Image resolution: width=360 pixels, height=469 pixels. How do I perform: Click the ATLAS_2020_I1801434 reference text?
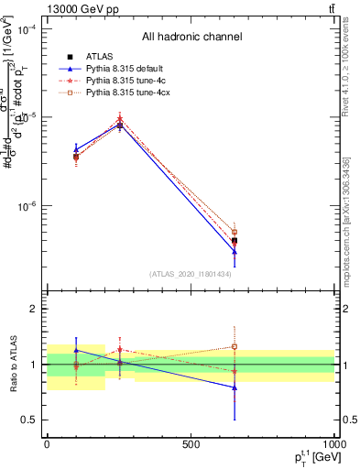(x=191, y=274)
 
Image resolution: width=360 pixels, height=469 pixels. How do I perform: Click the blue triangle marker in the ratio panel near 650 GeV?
(x=235, y=387)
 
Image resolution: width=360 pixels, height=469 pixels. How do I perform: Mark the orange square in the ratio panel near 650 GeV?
(x=235, y=346)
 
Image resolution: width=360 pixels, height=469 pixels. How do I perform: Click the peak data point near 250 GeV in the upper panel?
(x=120, y=125)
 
